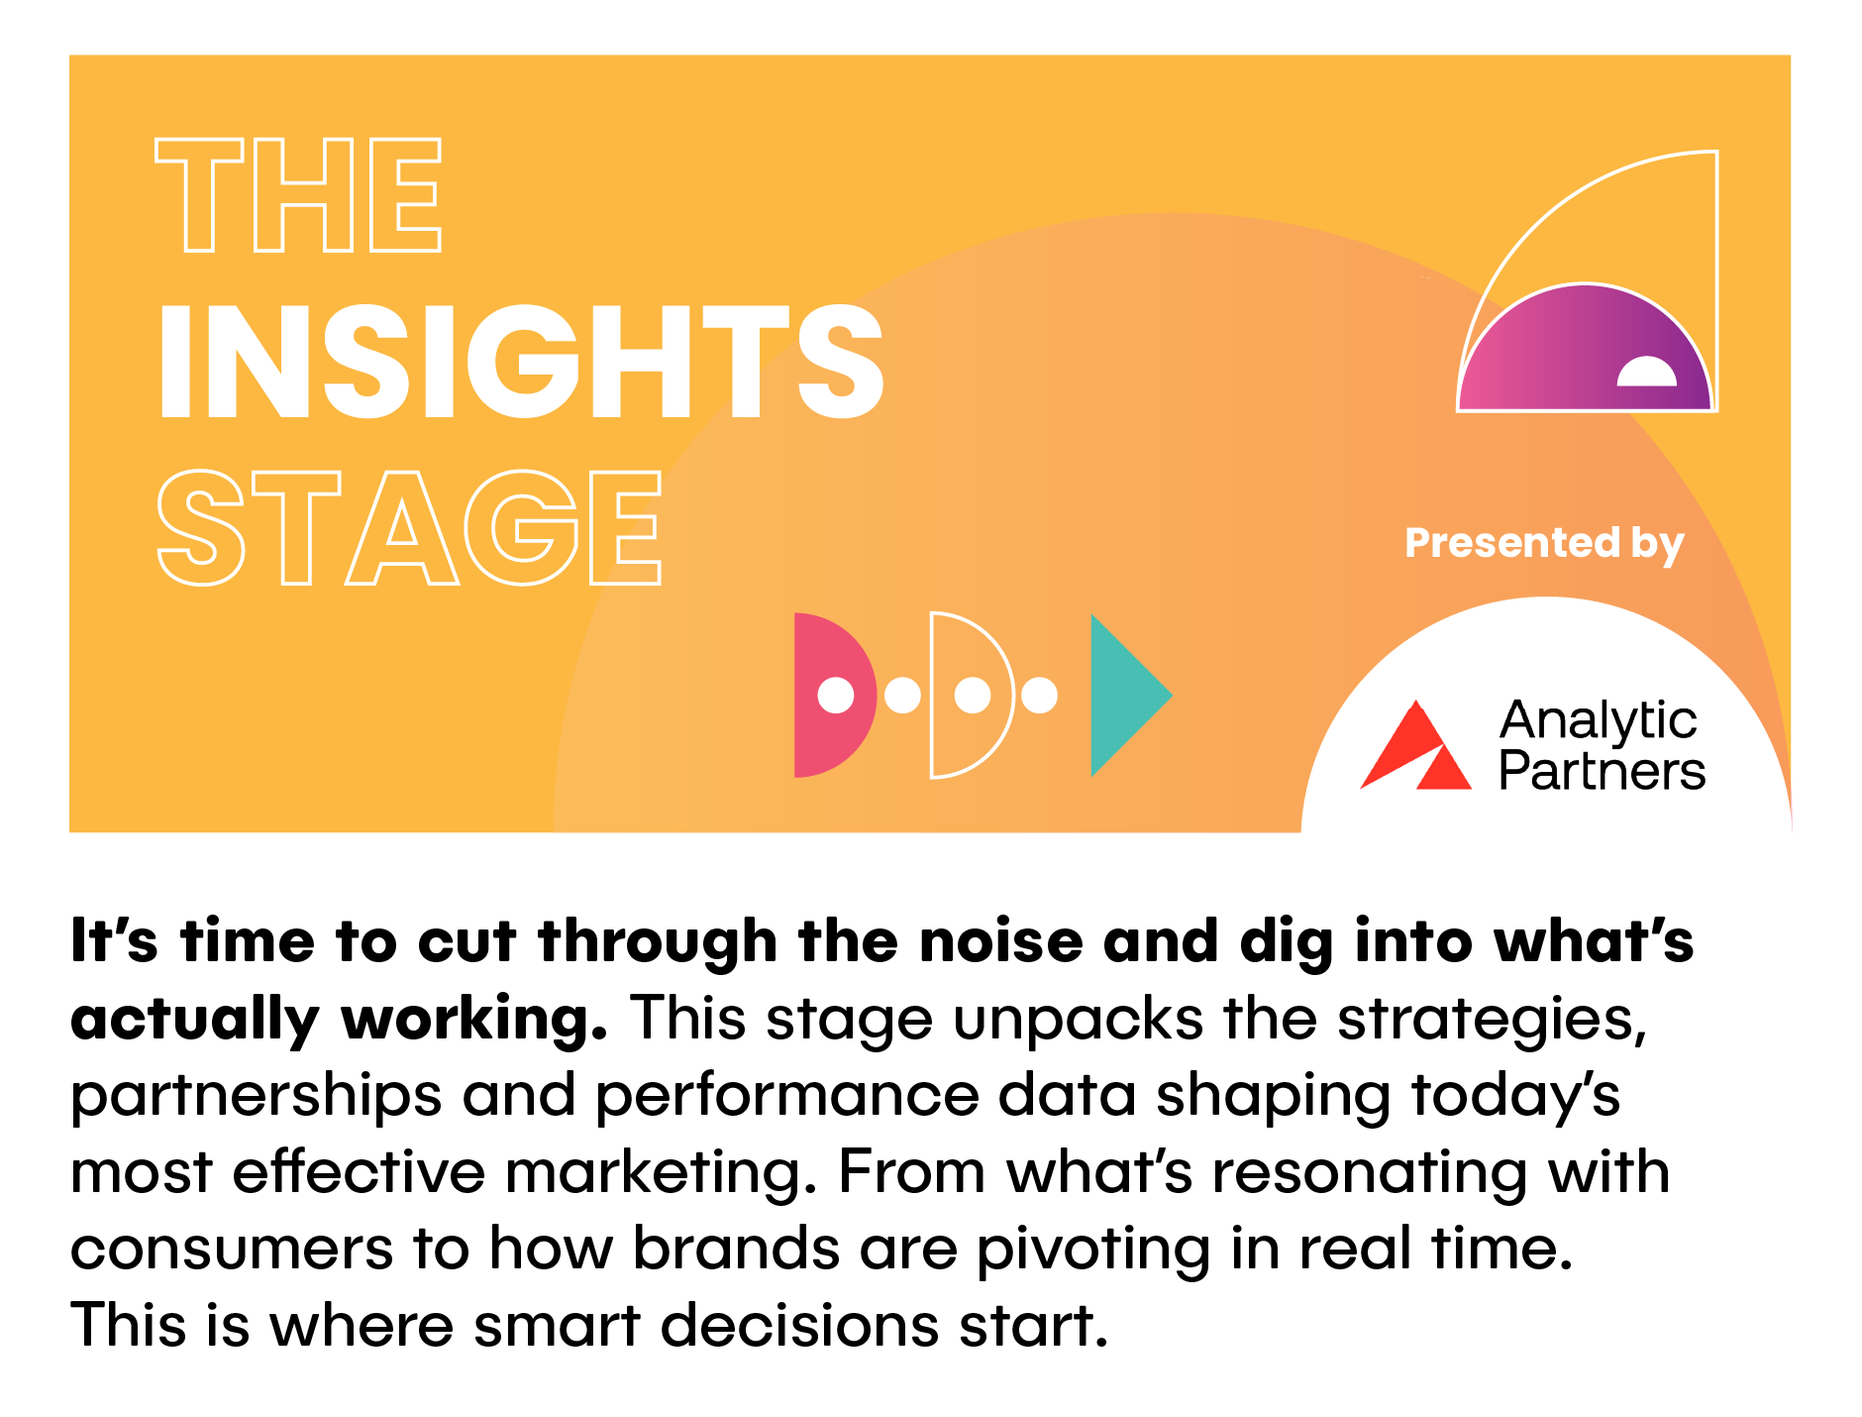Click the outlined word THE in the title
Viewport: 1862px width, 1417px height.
[x=298, y=195]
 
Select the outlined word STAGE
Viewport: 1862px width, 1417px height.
[x=409, y=528]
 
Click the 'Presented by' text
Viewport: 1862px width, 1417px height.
[x=1544, y=544]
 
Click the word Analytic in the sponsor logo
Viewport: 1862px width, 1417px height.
[x=1599, y=720]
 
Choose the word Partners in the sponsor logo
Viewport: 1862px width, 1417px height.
[x=1602, y=771]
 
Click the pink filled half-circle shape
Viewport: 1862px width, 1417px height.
[x=835, y=695]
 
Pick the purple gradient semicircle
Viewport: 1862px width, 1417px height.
[x=1585, y=348]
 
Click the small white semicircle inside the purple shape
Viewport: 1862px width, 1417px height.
[x=1647, y=372]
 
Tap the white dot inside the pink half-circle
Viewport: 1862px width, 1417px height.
[x=836, y=695]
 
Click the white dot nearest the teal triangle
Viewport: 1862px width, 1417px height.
[x=1039, y=695]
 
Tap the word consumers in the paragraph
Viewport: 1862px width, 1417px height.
[x=232, y=1249]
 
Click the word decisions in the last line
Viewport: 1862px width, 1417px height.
[x=799, y=1325]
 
